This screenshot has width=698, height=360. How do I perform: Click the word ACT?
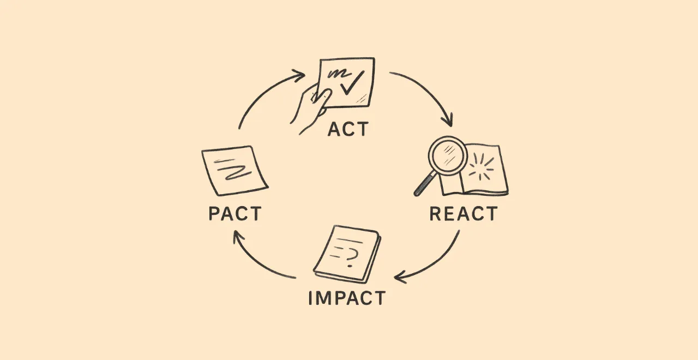click(x=348, y=129)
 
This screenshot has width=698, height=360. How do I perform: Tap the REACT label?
click(x=463, y=214)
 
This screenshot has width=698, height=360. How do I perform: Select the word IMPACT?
click(x=347, y=298)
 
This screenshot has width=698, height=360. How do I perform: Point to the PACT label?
click(x=234, y=213)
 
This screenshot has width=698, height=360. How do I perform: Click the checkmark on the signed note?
click(x=352, y=82)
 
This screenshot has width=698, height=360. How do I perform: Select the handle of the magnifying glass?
click(x=424, y=184)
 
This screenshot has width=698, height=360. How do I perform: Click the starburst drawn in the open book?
click(x=482, y=167)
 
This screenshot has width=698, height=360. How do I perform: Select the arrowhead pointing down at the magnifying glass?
click(x=447, y=121)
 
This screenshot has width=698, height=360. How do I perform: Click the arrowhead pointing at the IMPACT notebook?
click(x=400, y=278)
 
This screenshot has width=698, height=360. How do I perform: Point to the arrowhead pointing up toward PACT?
click(x=238, y=236)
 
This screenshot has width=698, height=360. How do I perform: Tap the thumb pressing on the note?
click(x=322, y=97)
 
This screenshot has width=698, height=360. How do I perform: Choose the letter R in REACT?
click(x=435, y=214)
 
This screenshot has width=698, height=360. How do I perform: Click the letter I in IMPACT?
click(x=310, y=298)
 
